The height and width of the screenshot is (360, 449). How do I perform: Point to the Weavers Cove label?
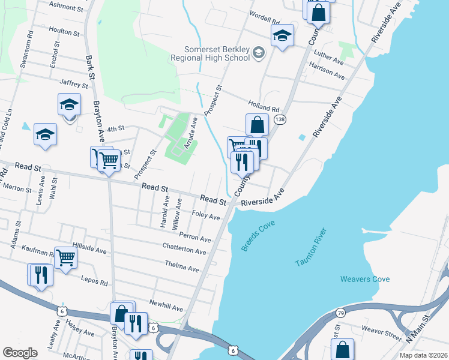coord(365,279)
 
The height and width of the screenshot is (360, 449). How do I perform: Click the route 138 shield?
coord(280,121)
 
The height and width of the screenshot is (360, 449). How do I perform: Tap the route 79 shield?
coord(340,313)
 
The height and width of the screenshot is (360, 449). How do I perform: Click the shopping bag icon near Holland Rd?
coord(257,125)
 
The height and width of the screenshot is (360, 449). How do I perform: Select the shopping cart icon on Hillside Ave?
coord(65,257)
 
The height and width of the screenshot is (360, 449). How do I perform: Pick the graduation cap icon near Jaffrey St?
coord(69,104)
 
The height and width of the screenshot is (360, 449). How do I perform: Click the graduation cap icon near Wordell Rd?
coord(282,35)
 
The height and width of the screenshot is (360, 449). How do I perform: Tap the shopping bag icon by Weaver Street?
coord(342,349)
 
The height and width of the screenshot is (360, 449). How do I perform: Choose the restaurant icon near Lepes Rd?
coord(41,274)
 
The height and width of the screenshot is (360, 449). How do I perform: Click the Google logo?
coord(20,352)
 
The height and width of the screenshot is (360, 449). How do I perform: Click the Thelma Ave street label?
coord(182,266)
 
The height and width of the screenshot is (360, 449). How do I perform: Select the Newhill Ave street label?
coord(166,305)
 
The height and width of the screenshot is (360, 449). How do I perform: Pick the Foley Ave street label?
coord(205,215)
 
